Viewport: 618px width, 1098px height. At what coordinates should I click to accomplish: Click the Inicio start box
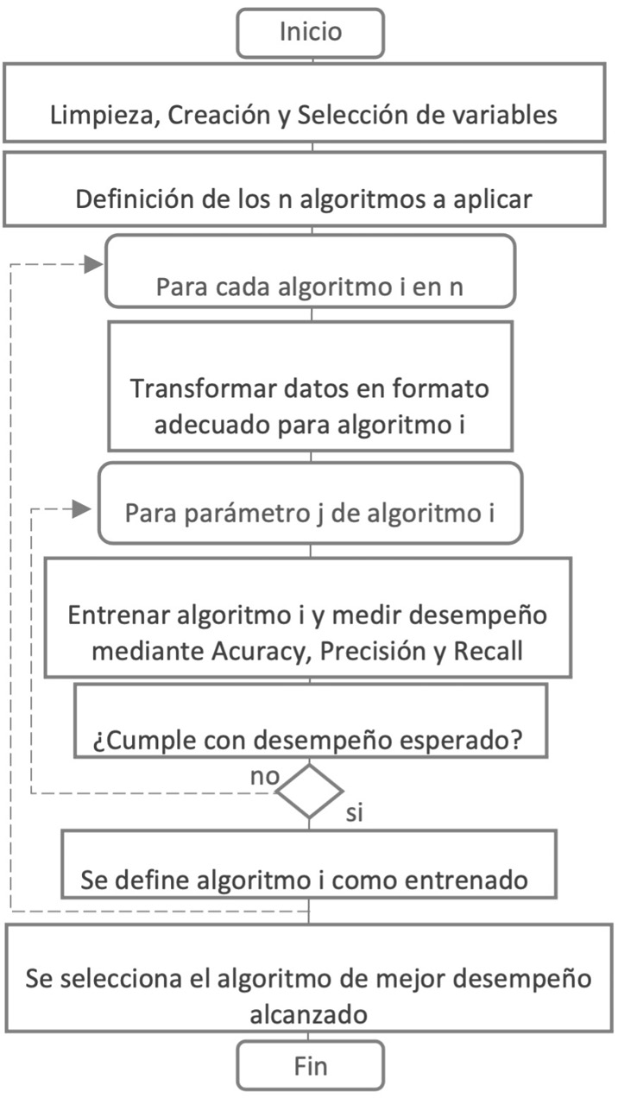pos(311,33)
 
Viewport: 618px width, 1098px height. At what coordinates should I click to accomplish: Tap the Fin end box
pos(311,1065)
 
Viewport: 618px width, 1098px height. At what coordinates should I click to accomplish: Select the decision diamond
pos(309,791)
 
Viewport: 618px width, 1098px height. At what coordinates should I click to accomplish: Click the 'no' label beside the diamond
pos(265,775)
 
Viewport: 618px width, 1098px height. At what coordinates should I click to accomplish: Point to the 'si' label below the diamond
pos(354,815)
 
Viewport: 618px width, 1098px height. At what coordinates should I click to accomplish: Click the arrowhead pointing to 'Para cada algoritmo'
pos(94,265)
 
